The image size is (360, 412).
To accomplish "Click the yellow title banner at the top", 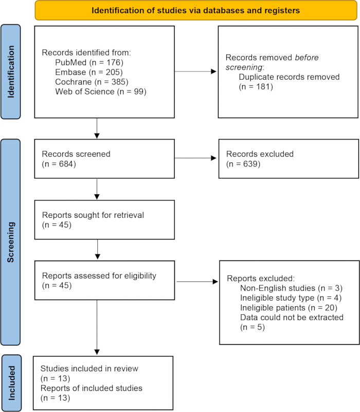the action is click(196, 10).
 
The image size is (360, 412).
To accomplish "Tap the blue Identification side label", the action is click(10, 72).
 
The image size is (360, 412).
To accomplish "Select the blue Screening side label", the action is click(10, 242).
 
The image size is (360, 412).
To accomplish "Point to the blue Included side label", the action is click(11, 383).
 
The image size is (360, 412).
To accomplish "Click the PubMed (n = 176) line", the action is click(89, 62).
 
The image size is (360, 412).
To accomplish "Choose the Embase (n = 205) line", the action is click(89, 72).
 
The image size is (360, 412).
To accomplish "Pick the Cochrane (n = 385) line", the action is click(92, 82).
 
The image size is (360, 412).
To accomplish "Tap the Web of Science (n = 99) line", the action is click(101, 91).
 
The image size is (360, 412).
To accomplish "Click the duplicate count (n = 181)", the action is click(256, 86).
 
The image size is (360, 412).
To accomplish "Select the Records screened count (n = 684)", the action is click(59, 164).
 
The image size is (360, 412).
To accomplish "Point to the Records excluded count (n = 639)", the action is click(243, 164).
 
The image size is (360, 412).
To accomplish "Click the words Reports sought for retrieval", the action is click(93, 215).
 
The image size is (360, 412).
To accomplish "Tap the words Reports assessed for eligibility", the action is click(99, 276).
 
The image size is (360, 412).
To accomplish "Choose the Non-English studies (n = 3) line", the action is click(292, 288).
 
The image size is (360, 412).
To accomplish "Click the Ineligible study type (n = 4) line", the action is click(291, 298).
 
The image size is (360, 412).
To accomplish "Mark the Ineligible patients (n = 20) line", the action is click(289, 307).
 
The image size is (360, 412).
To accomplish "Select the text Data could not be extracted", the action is click(292, 317).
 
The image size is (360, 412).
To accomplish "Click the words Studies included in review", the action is click(89, 368).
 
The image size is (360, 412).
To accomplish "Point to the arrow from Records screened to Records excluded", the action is click(195, 158).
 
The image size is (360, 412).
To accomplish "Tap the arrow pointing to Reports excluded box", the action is click(197, 282).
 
